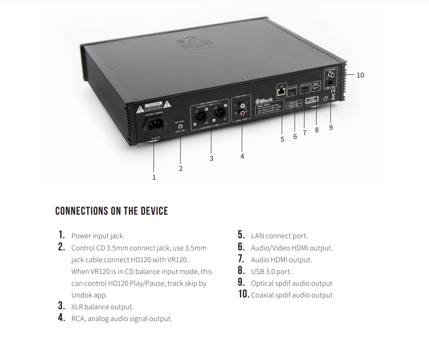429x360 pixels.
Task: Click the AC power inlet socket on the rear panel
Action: [154, 126]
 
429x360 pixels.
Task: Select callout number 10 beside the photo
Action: [360, 75]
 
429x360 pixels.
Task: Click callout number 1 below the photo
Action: [154, 177]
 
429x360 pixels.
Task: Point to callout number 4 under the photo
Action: [242, 156]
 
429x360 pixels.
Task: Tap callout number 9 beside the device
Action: [331, 127]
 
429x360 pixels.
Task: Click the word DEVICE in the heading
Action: [154, 211]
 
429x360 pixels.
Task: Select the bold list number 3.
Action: [62, 306]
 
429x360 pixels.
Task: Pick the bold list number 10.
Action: [244, 294]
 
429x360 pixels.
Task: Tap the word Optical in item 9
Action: [262, 283]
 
